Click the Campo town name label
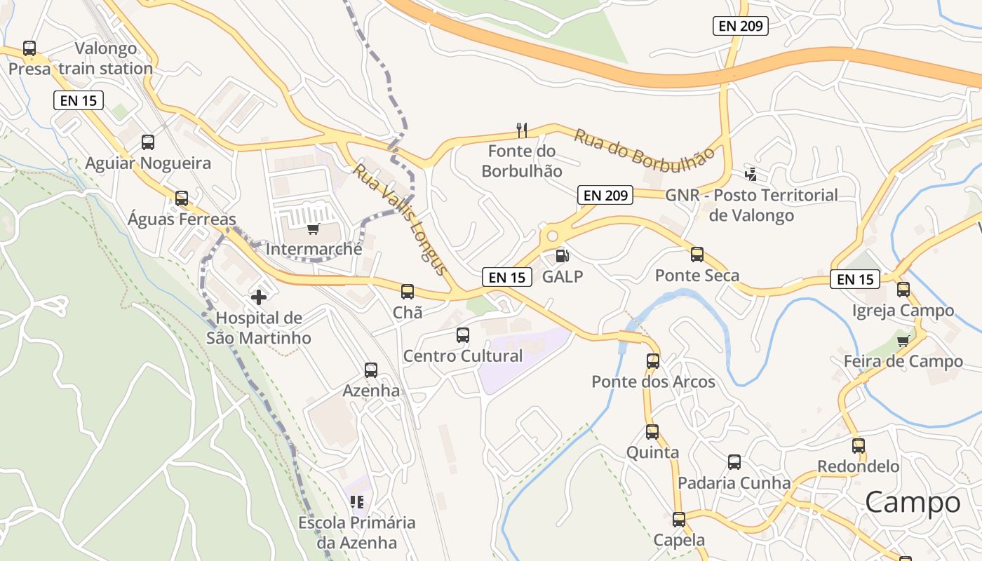913,502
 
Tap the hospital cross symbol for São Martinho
259,297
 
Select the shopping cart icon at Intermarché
314,229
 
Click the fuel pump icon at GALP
562,256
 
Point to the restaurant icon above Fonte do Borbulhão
521,130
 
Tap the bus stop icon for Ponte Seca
697,255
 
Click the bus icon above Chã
407,291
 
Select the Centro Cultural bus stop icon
462,334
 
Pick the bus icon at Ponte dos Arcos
652,361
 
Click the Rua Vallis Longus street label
400,219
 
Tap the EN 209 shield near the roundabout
605,195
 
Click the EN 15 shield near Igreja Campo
855,279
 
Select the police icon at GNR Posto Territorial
751,173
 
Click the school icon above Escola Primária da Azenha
357,501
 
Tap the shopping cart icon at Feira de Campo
903,341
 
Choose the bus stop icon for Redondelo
858,445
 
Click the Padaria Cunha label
734,483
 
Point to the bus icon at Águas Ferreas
181,198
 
